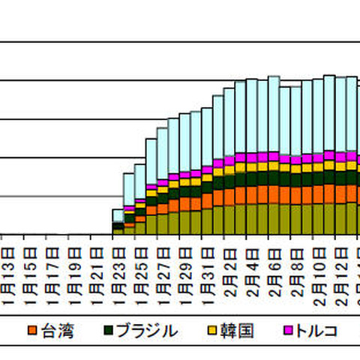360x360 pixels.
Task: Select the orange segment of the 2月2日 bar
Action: [229, 196]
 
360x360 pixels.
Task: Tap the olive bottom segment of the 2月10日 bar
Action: [318, 219]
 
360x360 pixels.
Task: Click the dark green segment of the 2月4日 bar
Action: [251, 178]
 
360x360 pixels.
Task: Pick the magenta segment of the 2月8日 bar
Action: [295, 160]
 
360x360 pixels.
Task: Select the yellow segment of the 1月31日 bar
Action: [207, 177]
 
